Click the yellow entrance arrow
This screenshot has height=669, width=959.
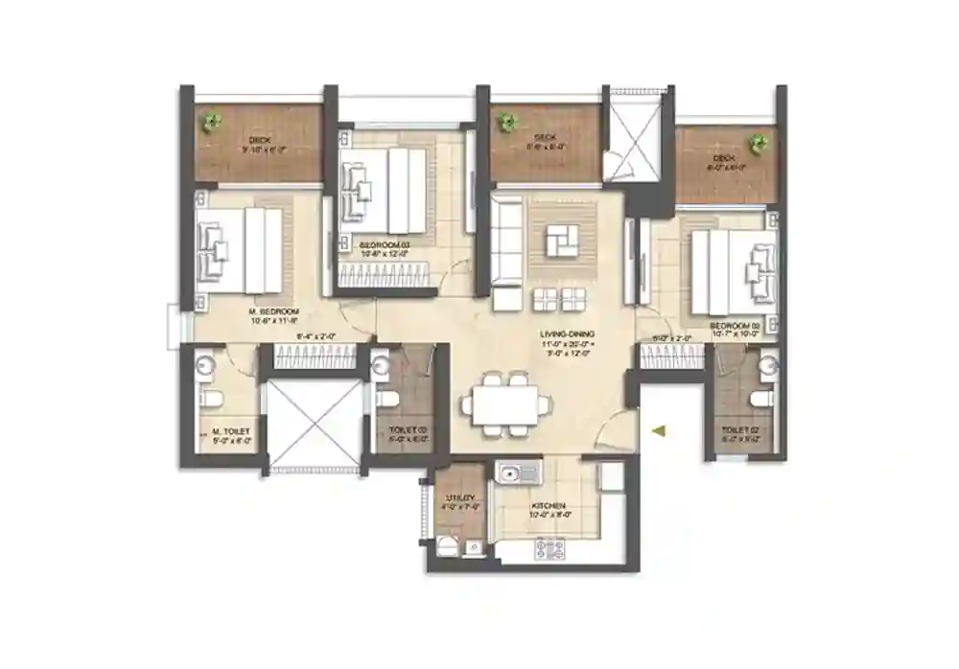[657, 432]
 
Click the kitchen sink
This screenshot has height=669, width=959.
[517, 472]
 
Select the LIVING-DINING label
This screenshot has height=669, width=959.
[567, 334]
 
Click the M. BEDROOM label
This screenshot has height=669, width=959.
[274, 312]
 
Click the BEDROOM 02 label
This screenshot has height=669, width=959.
[734, 327]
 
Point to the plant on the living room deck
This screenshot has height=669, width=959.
[506, 122]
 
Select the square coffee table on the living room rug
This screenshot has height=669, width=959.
[563, 240]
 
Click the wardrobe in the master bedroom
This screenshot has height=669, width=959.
[303, 358]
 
